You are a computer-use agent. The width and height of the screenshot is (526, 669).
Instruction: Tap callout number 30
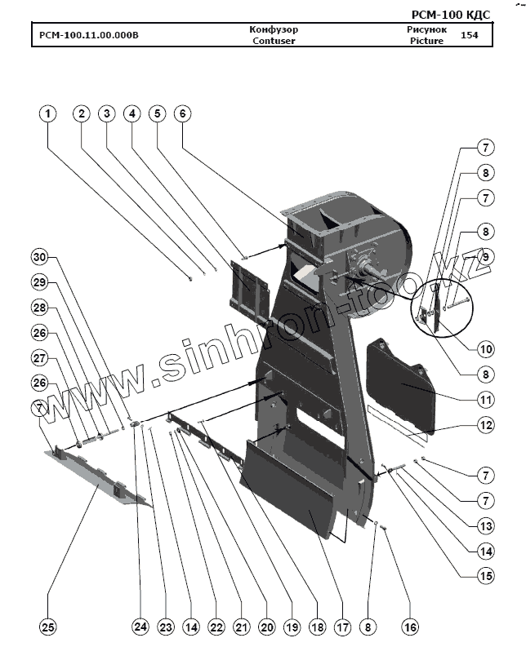click(40, 257)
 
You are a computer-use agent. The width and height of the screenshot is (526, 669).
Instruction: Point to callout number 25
click(48, 627)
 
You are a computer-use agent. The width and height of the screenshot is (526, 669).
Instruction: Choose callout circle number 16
click(410, 627)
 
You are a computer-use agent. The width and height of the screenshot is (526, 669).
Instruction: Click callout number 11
click(486, 400)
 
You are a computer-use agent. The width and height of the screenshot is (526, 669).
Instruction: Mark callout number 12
click(486, 426)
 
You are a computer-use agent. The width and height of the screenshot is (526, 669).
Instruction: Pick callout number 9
click(486, 256)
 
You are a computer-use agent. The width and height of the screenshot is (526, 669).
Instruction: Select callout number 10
click(486, 348)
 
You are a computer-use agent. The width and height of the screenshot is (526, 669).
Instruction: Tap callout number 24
click(141, 627)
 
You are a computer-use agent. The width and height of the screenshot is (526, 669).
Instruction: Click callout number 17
click(342, 627)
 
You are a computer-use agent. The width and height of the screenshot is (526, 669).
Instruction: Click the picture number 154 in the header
click(469, 36)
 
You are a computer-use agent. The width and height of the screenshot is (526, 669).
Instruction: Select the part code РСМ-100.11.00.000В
click(89, 36)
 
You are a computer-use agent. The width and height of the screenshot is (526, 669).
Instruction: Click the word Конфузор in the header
click(274, 29)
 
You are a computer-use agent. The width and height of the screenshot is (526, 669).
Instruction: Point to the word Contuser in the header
click(274, 41)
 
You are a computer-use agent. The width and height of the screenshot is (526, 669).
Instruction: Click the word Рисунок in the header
click(426, 29)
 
